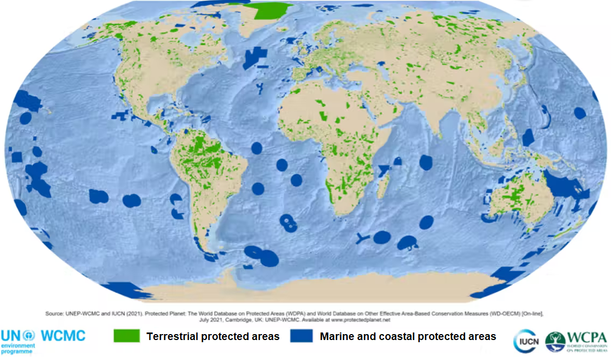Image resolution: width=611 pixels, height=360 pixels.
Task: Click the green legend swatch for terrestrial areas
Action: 127,336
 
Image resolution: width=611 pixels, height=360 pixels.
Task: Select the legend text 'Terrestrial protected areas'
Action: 213,336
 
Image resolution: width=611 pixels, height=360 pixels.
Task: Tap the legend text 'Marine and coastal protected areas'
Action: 407,336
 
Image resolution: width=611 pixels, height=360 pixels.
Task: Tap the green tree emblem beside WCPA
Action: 555,341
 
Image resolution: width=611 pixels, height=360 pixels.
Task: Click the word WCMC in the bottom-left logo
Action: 63,335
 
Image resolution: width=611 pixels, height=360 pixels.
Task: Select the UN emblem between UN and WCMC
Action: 29,335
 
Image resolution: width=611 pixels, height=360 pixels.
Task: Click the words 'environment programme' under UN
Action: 18,348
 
